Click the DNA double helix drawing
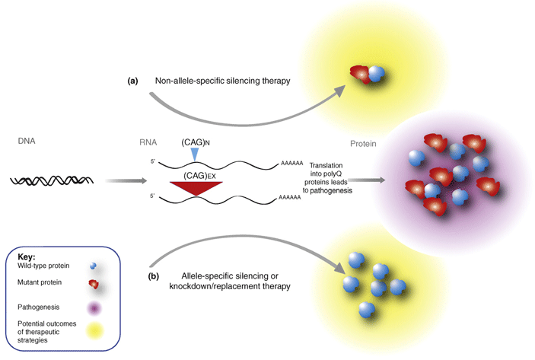coord(52,180)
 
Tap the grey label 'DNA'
coord(27,141)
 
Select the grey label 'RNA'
coord(148,142)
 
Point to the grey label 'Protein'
coord(363,144)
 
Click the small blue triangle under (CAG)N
coord(194,155)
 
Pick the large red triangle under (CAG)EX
coord(196,189)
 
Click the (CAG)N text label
coord(196,142)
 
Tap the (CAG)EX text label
coord(199,176)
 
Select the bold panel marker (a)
coord(132,81)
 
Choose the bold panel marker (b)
coord(154,276)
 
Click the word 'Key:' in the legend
coord(27,257)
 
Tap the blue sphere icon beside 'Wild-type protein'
coord(93,266)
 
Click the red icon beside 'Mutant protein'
coord(94,284)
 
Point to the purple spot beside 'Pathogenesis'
coord(94,309)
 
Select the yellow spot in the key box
coord(94,330)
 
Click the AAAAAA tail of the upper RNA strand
coord(291,164)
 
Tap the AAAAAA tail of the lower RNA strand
coord(290,197)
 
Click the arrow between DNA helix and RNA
coord(126,180)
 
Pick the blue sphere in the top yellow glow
coord(377,74)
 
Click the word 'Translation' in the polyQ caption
coord(326,165)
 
